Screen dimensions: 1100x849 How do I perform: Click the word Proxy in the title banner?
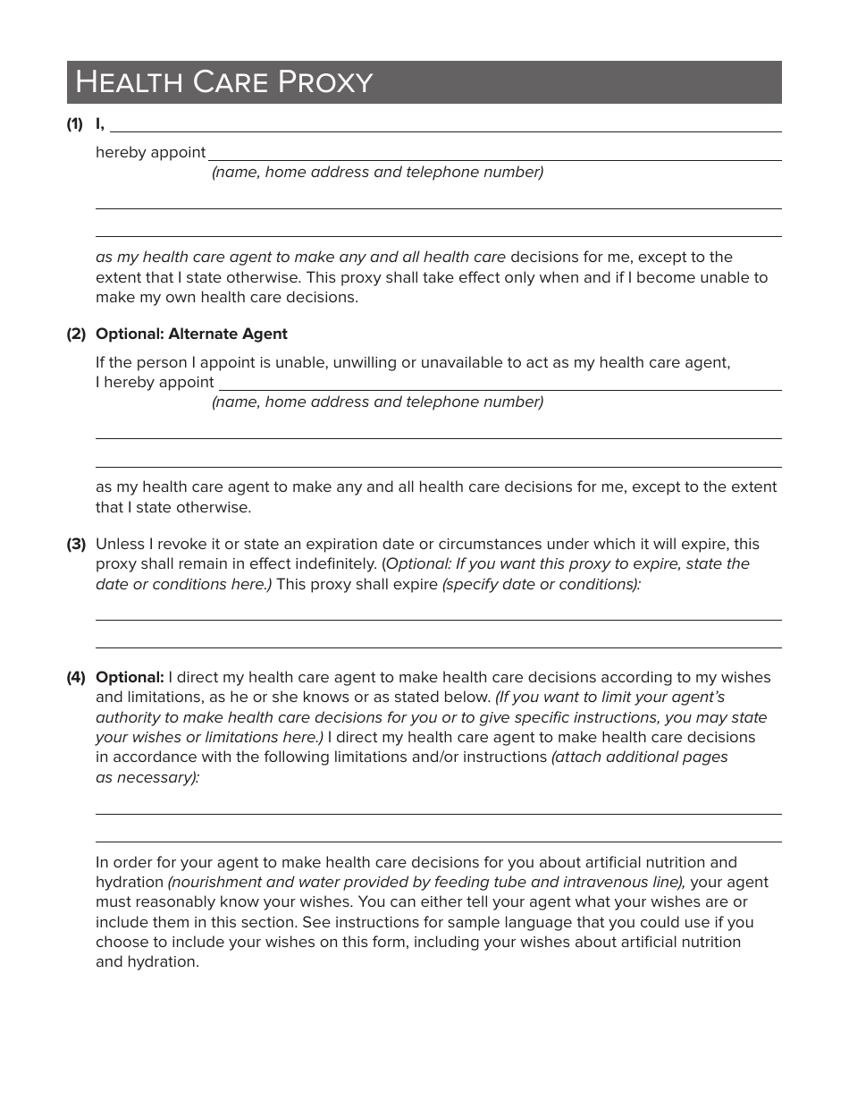pos(324,82)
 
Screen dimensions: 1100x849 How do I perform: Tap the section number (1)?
pos(74,124)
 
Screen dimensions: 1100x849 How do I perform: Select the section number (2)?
pos(76,334)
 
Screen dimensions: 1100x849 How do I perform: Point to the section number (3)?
pos(76,544)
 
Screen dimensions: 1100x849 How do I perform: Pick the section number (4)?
pos(76,677)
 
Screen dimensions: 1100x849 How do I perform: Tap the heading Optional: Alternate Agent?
pos(191,334)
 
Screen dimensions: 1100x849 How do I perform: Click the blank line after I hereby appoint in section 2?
pos(500,388)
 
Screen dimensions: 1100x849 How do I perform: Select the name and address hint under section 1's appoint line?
pos(377,172)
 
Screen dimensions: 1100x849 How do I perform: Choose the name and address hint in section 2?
pos(377,402)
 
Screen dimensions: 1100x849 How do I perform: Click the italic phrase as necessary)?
pos(147,777)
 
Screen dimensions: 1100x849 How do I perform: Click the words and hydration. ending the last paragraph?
pos(147,962)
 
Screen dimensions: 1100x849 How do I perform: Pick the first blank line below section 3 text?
pos(438,618)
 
